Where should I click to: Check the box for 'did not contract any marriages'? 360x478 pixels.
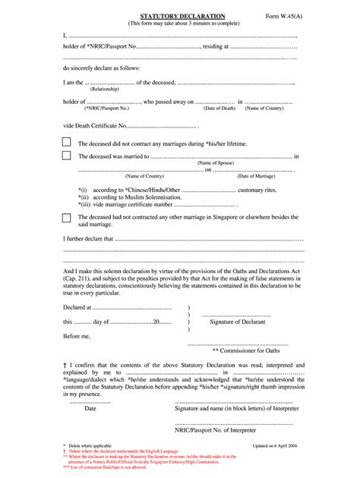pos(67,143)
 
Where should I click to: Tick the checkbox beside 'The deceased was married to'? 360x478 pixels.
pos(67,156)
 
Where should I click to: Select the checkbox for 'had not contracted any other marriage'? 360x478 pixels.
pos(67,217)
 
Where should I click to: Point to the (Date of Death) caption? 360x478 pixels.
pos(218,108)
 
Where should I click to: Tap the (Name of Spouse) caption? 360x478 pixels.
pos(214,163)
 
